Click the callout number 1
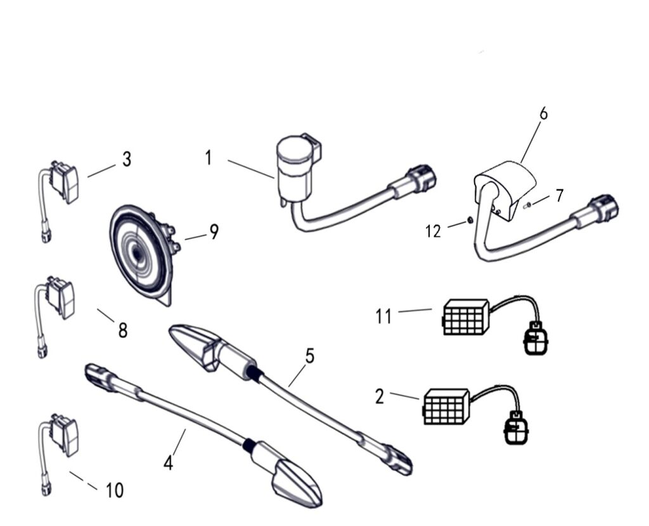(x=209, y=158)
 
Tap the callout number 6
(x=543, y=114)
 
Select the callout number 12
(x=433, y=231)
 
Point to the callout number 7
(x=559, y=196)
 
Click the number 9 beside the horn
(x=214, y=233)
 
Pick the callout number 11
(x=383, y=315)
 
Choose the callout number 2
(x=379, y=397)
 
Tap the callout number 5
(x=309, y=356)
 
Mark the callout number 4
(x=168, y=463)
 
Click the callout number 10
(x=115, y=490)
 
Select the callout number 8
(x=122, y=330)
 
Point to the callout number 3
(x=127, y=160)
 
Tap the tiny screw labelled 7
(x=527, y=204)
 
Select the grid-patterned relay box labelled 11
(x=465, y=317)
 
